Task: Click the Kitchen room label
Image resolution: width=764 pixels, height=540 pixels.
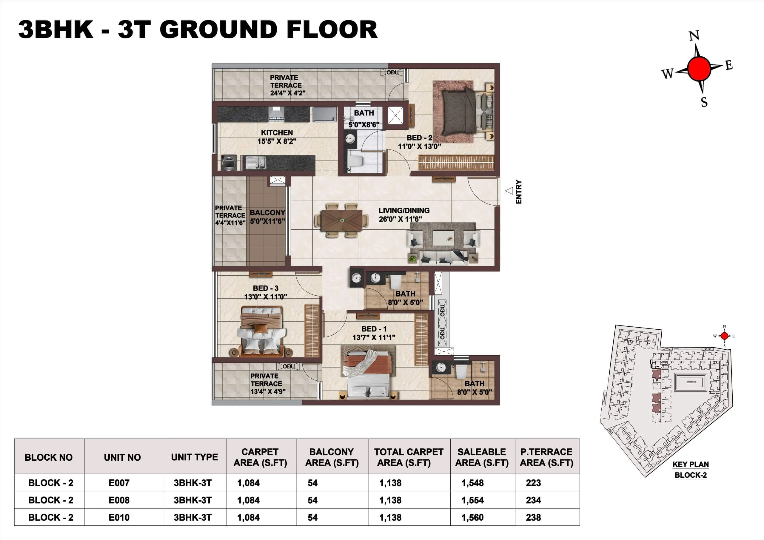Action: click(x=277, y=133)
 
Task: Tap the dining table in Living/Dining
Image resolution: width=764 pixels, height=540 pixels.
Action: click(x=342, y=220)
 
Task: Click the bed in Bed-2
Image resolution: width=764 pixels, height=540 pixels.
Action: click(x=459, y=111)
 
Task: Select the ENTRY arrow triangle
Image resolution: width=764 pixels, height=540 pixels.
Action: click(x=509, y=191)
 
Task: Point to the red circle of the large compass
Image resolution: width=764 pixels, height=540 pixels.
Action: click(x=699, y=69)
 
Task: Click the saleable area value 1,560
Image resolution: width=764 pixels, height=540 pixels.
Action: click(x=472, y=517)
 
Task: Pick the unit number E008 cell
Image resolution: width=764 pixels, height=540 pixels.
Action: click(x=119, y=500)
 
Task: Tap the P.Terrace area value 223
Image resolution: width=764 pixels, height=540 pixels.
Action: click(x=533, y=483)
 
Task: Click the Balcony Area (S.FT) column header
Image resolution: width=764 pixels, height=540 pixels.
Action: click(x=332, y=457)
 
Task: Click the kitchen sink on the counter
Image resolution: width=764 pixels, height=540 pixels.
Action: click(x=255, y=162)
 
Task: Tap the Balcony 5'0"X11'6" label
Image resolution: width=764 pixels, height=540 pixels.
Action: click(x=267, y=217)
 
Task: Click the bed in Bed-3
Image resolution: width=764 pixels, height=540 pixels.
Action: click(x=261, y=332)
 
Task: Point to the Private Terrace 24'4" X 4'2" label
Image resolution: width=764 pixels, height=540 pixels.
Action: click(x=286, y=85)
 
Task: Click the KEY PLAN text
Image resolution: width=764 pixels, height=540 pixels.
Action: click(x=691, y=464)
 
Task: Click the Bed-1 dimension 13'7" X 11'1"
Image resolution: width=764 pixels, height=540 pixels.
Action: click(x=374, y=337)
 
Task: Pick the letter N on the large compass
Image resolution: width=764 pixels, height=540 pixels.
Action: click(x=694, y=36)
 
